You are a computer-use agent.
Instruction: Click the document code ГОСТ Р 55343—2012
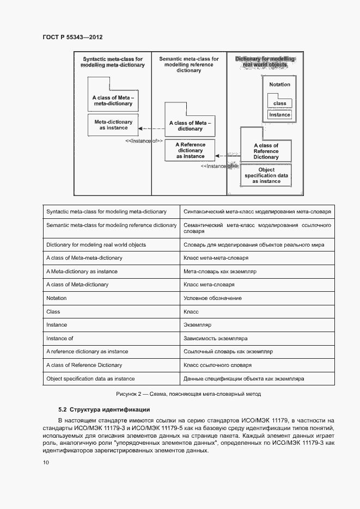72,37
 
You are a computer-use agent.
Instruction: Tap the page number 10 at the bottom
46,462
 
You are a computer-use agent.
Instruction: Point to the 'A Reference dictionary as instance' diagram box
190,150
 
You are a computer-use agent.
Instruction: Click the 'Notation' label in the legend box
279,85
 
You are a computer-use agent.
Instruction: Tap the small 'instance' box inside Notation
280,115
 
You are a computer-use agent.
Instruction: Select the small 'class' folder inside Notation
280,102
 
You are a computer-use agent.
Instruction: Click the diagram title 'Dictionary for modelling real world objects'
265,62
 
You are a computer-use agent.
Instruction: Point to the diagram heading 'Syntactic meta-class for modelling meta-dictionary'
113,62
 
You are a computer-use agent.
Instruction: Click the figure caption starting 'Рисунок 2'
188,394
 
